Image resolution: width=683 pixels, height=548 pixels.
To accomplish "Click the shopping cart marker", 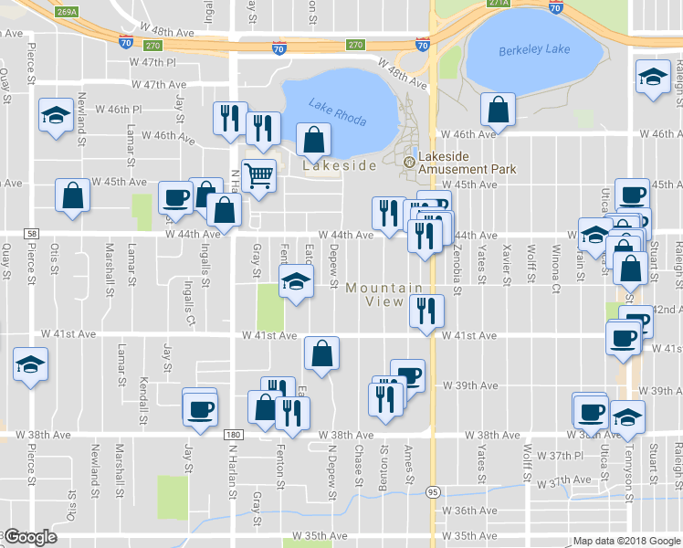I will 259,176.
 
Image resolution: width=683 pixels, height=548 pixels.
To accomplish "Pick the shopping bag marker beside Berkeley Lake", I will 499,111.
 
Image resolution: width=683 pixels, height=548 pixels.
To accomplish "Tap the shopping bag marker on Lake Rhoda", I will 314,140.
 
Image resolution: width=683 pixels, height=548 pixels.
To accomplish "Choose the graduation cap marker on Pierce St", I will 30,364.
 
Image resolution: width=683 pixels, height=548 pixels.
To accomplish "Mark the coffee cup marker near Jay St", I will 199,409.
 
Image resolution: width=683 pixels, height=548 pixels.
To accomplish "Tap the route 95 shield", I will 433,491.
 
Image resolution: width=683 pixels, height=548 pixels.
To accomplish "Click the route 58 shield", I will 32,234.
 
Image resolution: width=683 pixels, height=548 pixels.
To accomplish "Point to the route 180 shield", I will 233,435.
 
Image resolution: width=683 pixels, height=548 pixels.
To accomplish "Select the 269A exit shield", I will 67,12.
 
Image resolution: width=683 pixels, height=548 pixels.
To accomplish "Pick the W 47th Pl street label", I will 152,62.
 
